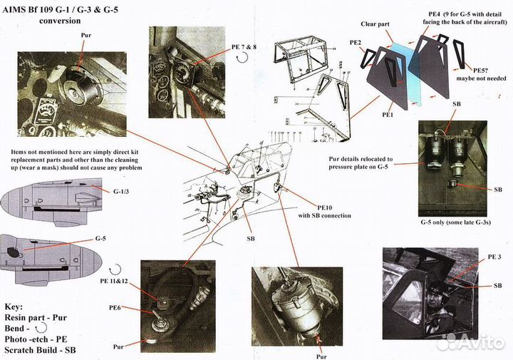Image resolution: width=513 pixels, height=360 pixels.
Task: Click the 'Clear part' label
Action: pos(393,23)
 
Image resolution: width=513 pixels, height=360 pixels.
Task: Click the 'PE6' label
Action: pos(116,307)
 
